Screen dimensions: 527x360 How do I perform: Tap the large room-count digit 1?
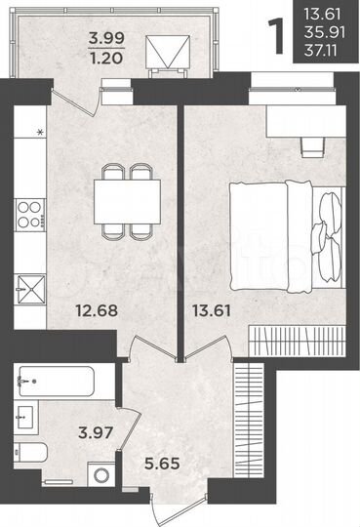pyautogui.click(x=280, y=31)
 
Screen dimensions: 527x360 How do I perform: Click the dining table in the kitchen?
pyautogui.click(x=131, y=200)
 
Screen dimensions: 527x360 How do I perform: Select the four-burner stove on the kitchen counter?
pyautogui.click(x=27, y=212)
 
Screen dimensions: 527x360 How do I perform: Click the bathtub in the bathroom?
pyautogui.click(x=57, y=381)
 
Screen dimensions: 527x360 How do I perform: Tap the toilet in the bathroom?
pyautogui.click(x=31, y=455)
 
